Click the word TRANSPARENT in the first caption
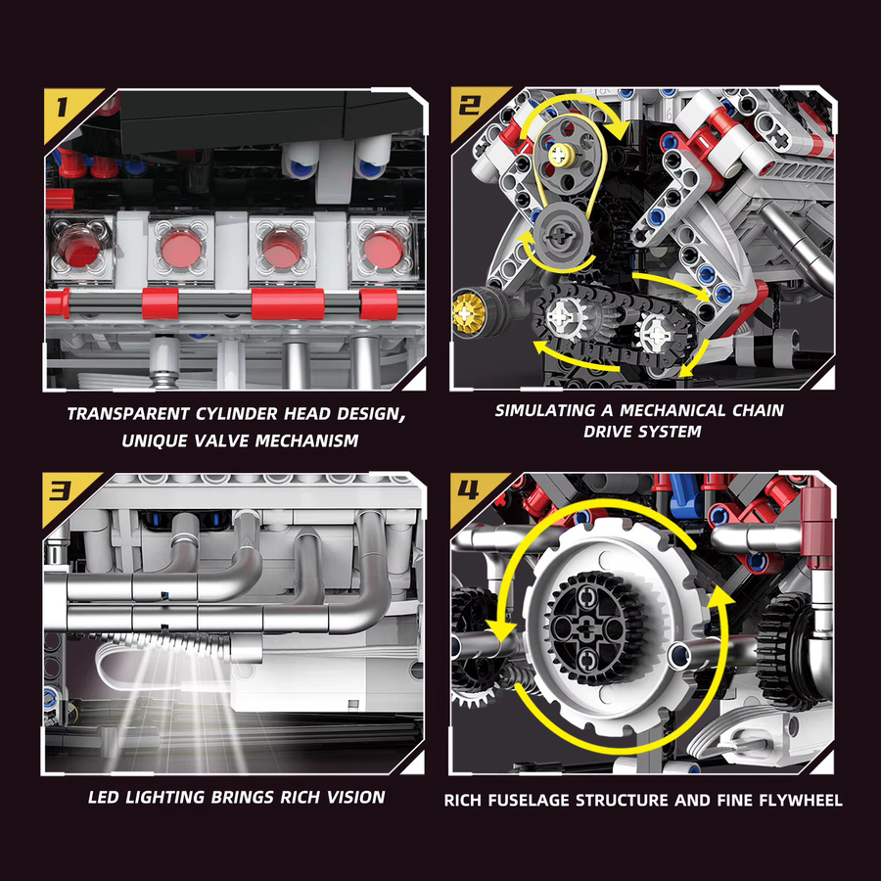tap(128, 414)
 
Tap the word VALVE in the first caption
tap(222, 440)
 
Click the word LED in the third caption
tap(104, 797)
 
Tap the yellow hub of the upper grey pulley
tap(560, 154)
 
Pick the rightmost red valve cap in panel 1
tap(383, 249)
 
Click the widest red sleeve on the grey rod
tap(288, 304)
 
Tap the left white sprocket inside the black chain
tap(567, 318)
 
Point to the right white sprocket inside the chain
tap(656, 334)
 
